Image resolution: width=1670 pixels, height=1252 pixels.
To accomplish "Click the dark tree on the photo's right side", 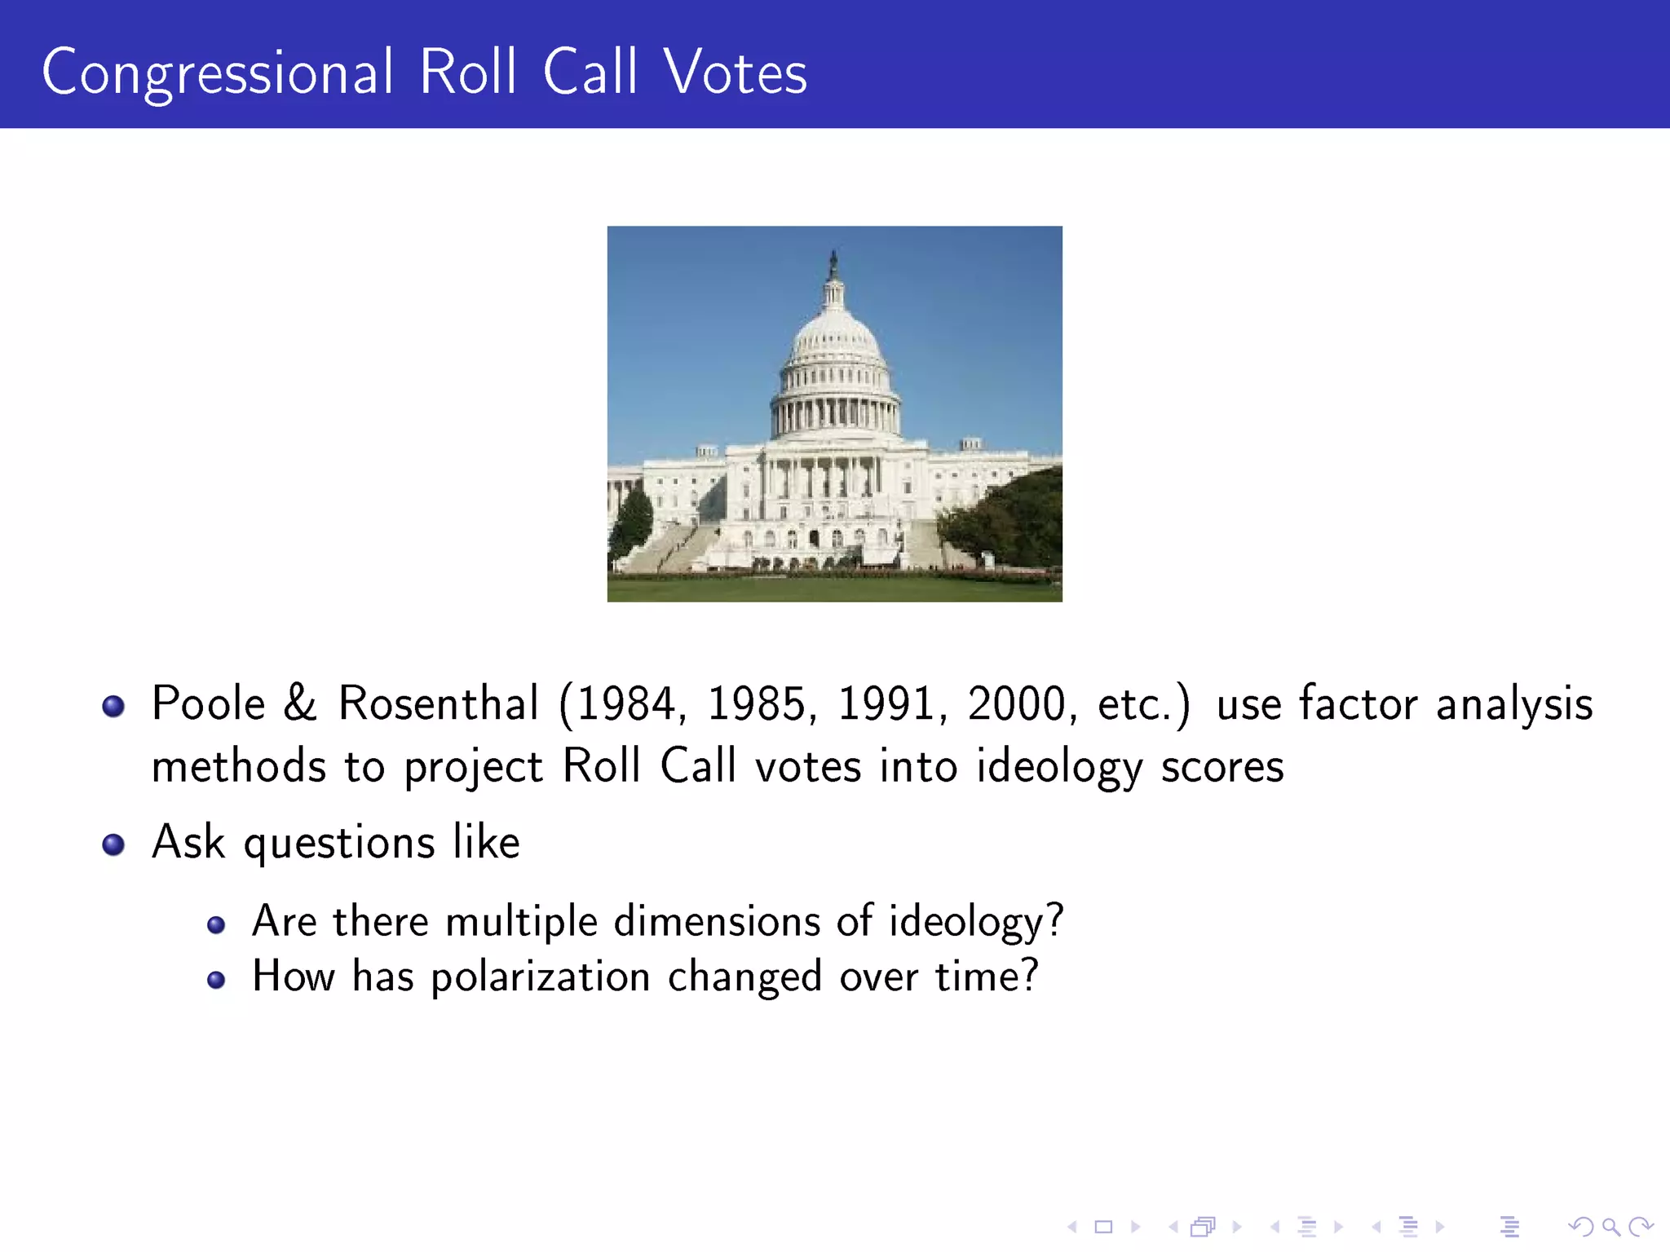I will (1019, 522).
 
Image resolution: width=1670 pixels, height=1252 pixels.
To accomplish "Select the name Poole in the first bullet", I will (209, 703).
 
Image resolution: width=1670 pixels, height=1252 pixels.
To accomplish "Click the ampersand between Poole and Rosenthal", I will (300, 703).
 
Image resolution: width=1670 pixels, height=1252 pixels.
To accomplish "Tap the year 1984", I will (627, 705).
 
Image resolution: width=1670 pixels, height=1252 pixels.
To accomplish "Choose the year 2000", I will (1017, 705).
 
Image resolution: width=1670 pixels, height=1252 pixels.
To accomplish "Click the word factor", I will (1358, 703).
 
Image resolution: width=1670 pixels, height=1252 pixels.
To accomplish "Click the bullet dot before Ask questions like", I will (113, 844).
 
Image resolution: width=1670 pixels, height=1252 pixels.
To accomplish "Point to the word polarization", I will (540, 977).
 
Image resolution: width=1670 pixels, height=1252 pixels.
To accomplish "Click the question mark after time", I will (1029, 975).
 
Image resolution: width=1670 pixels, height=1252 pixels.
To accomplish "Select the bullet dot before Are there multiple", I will (216, 924).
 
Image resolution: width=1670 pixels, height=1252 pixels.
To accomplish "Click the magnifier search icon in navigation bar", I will (1610, 1227).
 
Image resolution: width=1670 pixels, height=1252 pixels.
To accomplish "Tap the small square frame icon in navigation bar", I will (1103, 1227).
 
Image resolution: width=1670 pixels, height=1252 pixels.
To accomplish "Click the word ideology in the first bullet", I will (1059, 768).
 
